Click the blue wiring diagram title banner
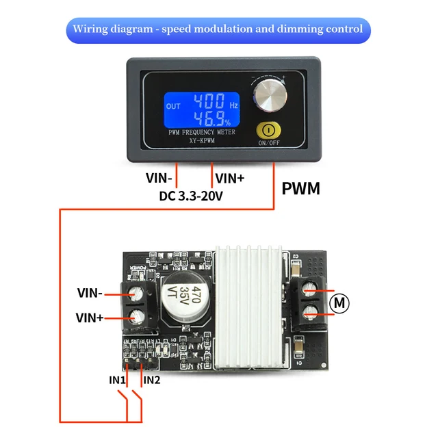pos(219,30)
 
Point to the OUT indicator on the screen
pos(174,106)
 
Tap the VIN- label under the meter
pos(159,178)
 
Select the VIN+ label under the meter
pos(231,178)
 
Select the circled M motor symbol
pos(340,302)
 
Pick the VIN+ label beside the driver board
pos(90,318)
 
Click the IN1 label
pos(117,380)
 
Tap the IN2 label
pos(151,380)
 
